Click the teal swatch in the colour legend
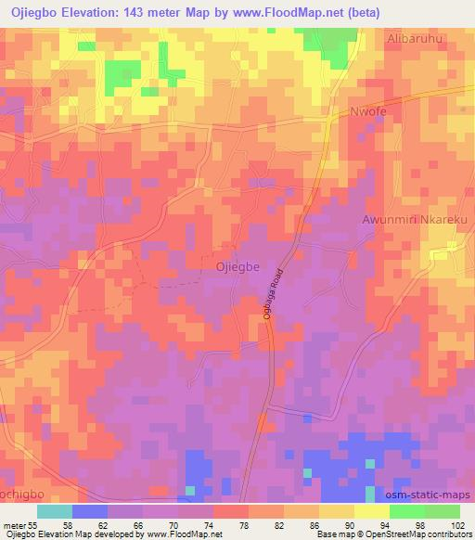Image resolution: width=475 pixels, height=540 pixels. click(x=55, y=510)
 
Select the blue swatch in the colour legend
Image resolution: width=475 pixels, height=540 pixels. click(x=90, y=510)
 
